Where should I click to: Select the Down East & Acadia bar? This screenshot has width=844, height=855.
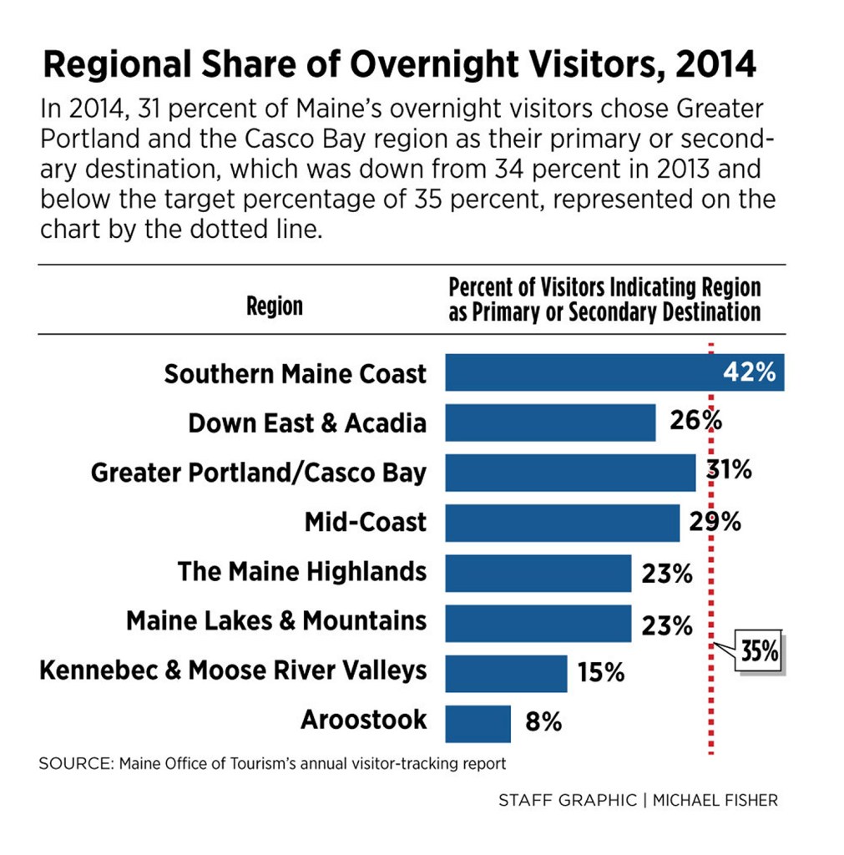point(550,422)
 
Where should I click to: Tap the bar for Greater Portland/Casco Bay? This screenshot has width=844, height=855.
point(570,473)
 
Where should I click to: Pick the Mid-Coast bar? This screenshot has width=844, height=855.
point(562,523)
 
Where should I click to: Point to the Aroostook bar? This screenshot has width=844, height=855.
point(478,723)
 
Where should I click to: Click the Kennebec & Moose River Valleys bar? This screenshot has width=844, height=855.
point(506,673)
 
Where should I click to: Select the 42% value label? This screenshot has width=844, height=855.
point(749,372)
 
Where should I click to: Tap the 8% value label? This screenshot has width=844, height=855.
point(543,722)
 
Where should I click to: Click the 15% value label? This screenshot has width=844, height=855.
point(600,672)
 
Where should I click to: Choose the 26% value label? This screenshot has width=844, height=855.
point(695,421)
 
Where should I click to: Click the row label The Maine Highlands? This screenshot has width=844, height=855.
point(301,572)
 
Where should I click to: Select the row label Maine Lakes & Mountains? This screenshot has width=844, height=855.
point(275,621)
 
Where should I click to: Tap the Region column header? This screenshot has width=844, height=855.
point(275,306)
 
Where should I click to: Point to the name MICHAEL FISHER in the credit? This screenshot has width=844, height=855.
point(717,800)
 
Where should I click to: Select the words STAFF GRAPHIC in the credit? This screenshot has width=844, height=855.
point(567,800)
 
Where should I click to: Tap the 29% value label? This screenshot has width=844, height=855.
point(715,522)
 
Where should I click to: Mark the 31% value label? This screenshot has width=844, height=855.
point(728,470)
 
